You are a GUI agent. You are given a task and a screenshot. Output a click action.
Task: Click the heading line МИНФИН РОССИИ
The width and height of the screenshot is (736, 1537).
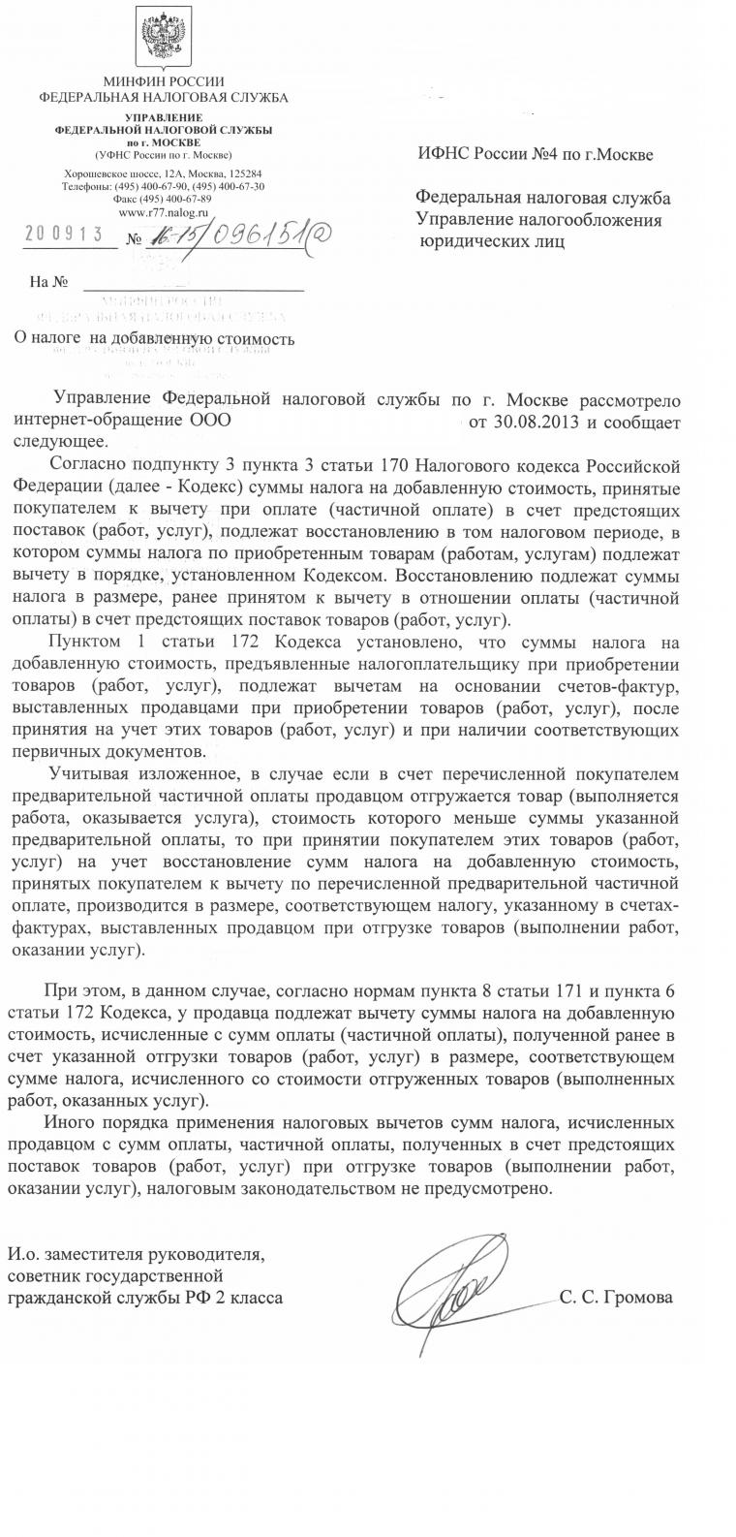(164, 81)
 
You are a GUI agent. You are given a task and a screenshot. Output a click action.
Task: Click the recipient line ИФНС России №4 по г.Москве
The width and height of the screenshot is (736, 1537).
(536, 155)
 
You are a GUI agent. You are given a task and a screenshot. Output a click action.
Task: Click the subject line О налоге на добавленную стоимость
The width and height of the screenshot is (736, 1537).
(154, 339)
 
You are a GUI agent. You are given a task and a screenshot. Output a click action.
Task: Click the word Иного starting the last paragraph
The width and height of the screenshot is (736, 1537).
(69, 1124)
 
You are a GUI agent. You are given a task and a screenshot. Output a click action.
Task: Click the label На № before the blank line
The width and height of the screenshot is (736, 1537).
(48, 282)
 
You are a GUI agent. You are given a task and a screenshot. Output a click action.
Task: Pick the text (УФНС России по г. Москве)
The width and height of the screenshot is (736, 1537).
(164, 155)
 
